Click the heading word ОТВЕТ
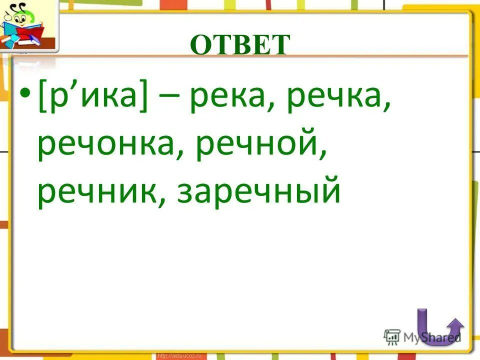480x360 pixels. pos(240,45)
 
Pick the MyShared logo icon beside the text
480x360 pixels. pos(392,336)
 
